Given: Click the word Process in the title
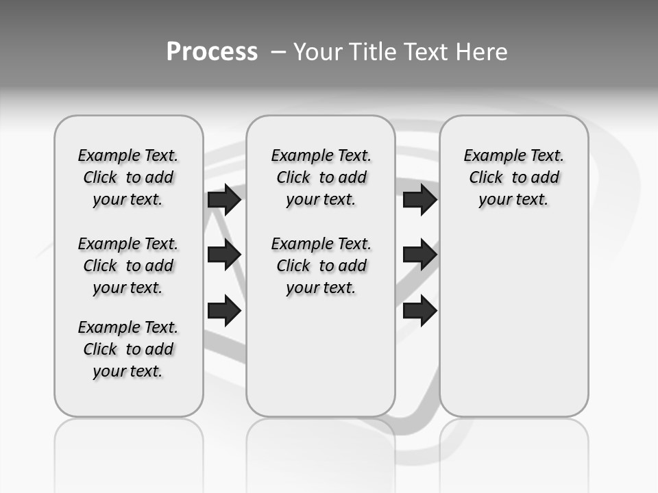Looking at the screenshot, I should pyautogui.click(x=212, y=52).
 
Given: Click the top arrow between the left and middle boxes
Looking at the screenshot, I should pyautogui.click(x=224, y=199).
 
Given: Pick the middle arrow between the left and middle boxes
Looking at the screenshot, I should pyautogui.click(x=224, y=255).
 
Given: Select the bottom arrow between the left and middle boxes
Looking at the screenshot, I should pyautogui.click(x=224, y=310).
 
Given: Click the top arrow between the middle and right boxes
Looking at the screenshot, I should pyautogui.click(x=419, y=199).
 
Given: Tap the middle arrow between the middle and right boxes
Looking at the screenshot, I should pyautogui.click(x=419, y=255).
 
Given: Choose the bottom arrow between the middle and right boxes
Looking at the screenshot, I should pyautogui.click(x=419, y=310).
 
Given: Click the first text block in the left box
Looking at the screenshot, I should pyautogui.click(x=128, y=177).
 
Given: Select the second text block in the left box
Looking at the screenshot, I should pyautogui.click(x=128, y=266).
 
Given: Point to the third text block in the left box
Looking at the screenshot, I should pyautogui.click(x=128, y=349).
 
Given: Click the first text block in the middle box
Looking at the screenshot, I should pyautogui.click(x=321, y=177).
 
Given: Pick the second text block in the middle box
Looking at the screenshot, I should pyautogui.click(x=321, y=266).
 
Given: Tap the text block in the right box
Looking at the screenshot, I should pyautogui.click(x=514, y=177).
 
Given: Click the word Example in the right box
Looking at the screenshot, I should pyautogui.click(x=491, y=156).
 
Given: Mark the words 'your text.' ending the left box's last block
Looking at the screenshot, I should pyautogui.click(x=128, y=371).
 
